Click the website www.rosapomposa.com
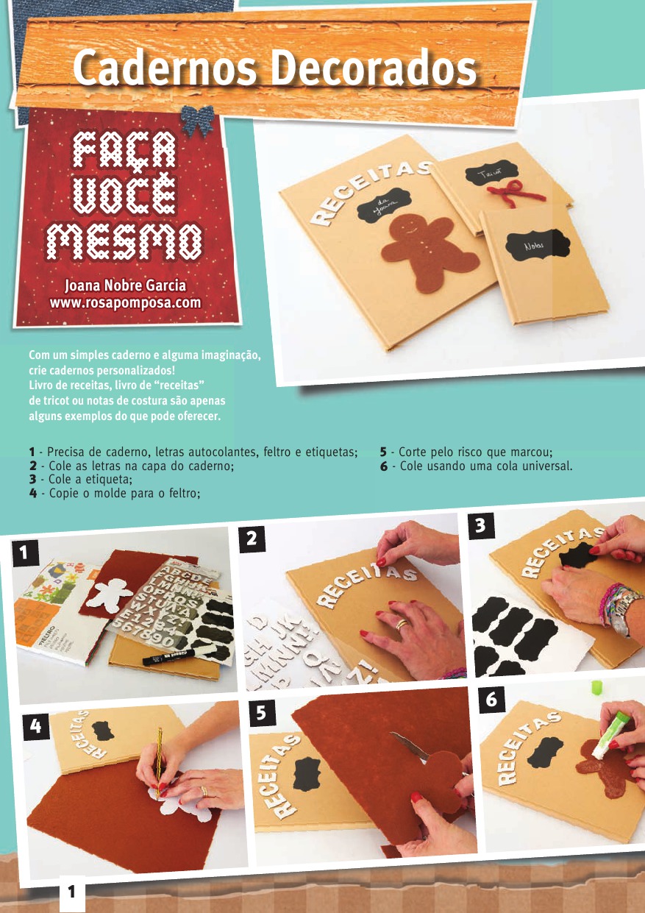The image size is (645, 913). [x=125, y=303]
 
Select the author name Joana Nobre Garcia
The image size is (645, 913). [x=125, y=285]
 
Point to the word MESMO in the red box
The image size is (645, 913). [x=124, y=242]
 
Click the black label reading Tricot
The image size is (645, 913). [x=492, y=173]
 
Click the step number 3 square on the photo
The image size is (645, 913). [x=481, y=525]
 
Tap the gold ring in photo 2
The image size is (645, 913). [x=402, y=625]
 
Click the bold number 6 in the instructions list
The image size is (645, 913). [x=384, y=466]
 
